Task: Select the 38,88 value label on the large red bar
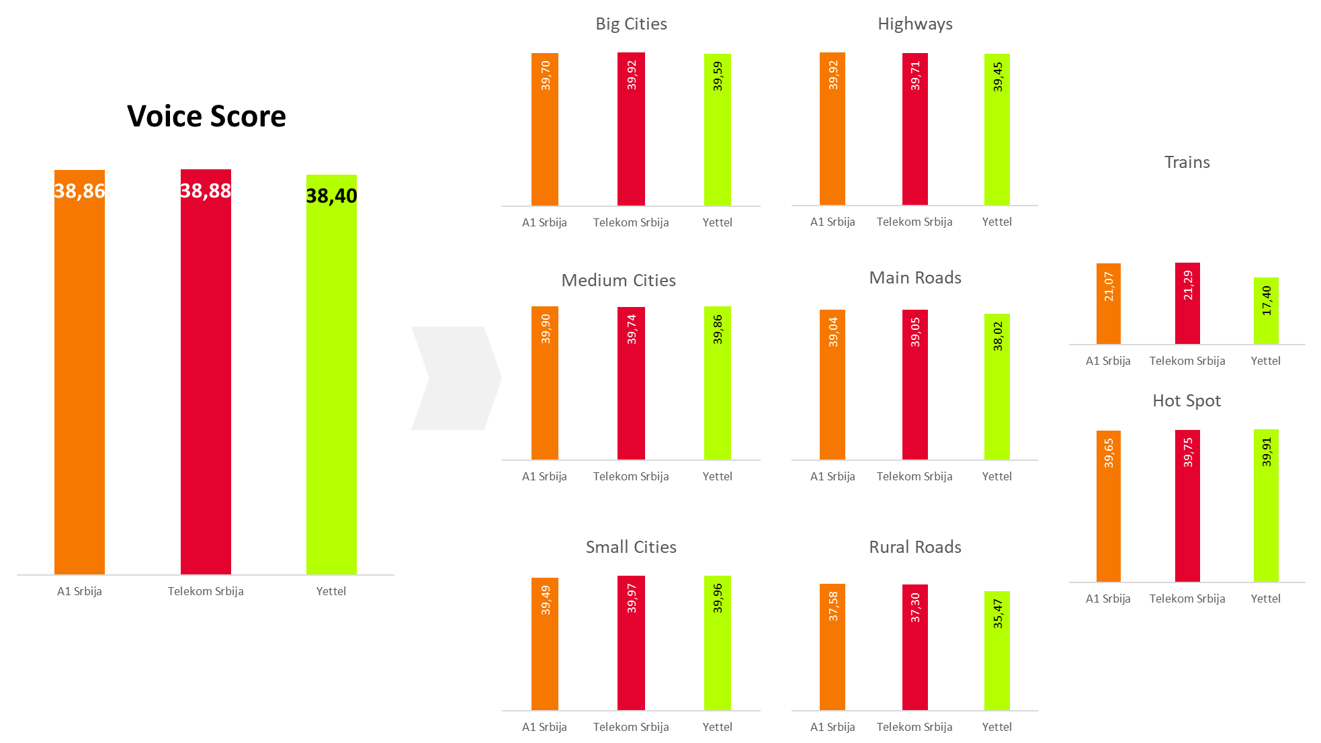pyautogui.click(x=206, y=191)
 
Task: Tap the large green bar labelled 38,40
pyautogui.click(x=331, y=390)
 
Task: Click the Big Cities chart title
pyautogui.click(x=631, y=24)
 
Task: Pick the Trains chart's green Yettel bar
pyautogui.click(x=1266, y=311)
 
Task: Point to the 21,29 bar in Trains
pyautogui.click(x=1187, y=304)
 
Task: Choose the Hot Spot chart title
pyautogui.click(x=1187, y=401)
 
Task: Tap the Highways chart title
pyautogui.click(x=914, y=24)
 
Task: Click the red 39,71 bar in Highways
pyautogui.click(x=914, y=129)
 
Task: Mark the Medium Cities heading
pyautogui.click(x=618, y=280)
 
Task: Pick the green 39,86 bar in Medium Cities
pyautogui.click(x=718, y=383)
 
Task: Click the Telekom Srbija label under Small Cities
pyautogui.click(x=630, y=727)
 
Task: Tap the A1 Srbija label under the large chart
pyautogui.click(x=79, y=591)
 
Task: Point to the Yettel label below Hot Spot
pyautogui.click(x=1265, y=599)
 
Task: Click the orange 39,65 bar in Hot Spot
pyautogui.click(x=1109, y=506)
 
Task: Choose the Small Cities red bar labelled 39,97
pyautogui.click(x=631, y=643)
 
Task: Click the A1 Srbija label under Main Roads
pyautogui.click(x=833, y=476)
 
